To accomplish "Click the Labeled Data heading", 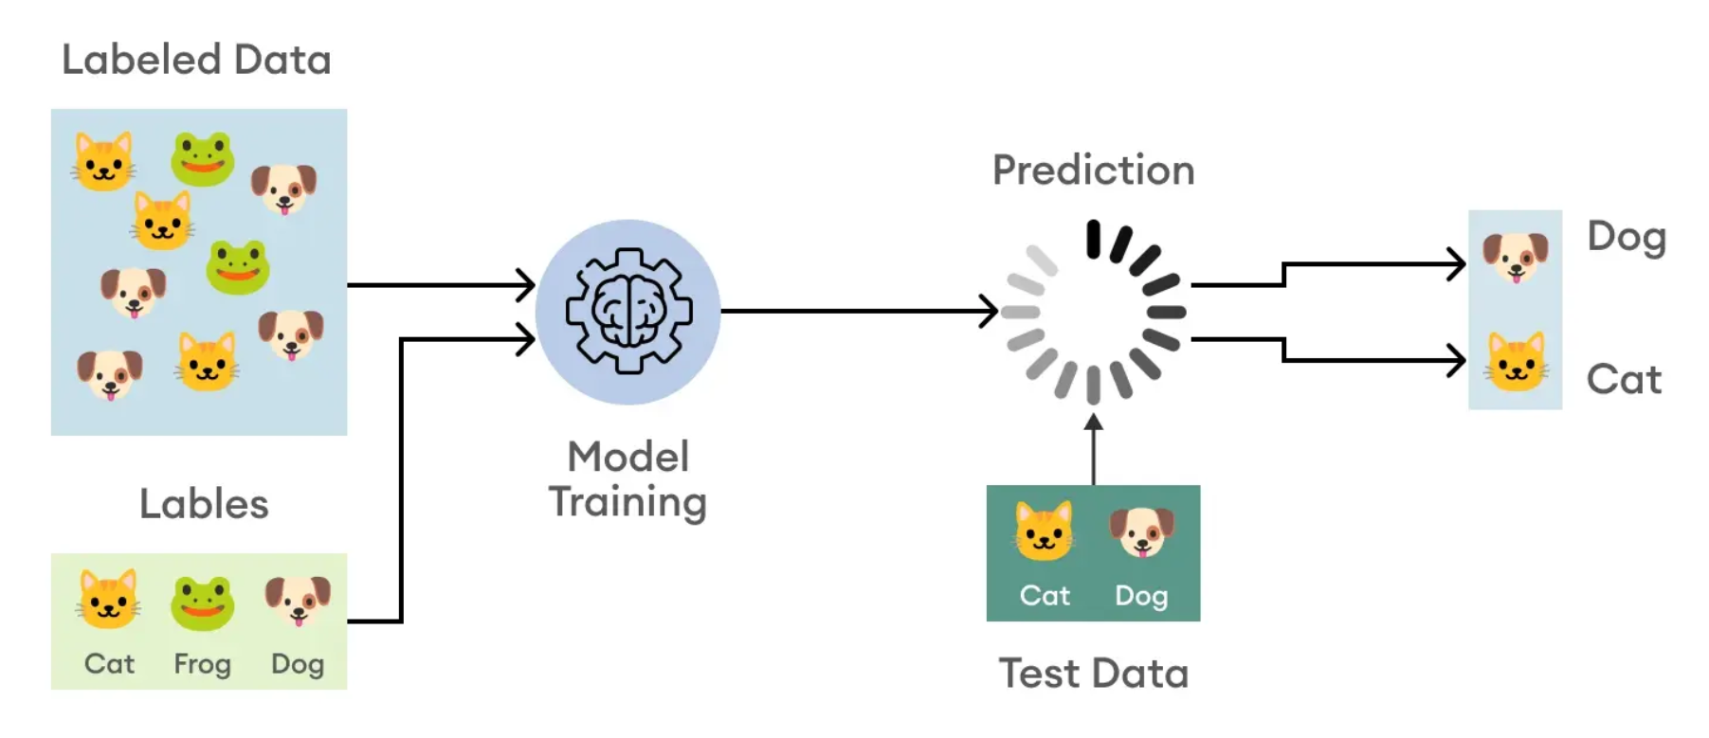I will [196, 60].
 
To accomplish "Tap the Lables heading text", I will [204, 504].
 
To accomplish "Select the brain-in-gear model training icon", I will [628, 312].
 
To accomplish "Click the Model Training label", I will [627, 479].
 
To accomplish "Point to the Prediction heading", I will [1093, 171].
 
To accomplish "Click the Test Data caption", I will [1093, 674].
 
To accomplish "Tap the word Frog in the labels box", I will [202, 664].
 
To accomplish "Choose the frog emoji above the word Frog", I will [202, 602].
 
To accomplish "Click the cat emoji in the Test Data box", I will [1044, 531].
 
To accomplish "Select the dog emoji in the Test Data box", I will [1141, 531].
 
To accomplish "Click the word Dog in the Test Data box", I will [1141, 596].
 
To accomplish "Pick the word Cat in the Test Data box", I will [1045, 596].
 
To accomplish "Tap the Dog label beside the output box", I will [1627, 237].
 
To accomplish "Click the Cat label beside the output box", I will [1624, 380].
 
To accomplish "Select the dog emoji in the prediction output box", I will [1515, 257].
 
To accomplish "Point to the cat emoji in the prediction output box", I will [1515, 362].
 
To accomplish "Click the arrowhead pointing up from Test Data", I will [1093, 423].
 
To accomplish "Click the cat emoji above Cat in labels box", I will [108, 600].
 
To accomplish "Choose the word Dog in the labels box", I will [298, 664].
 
